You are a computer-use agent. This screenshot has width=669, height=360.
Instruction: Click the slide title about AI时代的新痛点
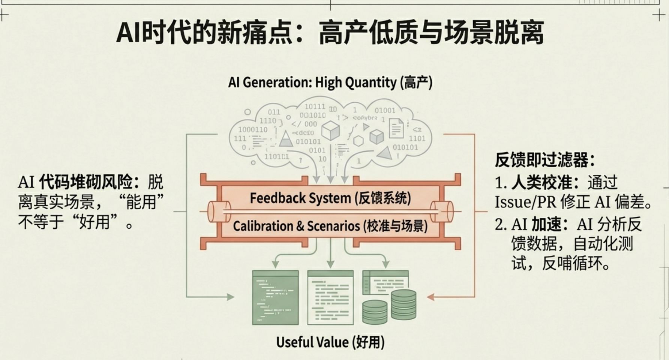330,33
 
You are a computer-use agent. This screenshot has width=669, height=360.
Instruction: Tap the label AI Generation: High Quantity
330,82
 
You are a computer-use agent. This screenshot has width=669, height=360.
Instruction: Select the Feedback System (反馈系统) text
330,198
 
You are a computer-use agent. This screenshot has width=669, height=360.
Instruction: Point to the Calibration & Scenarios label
330,226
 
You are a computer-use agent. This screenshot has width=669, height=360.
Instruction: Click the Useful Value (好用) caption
330,342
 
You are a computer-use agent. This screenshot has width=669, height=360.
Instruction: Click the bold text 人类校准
541,183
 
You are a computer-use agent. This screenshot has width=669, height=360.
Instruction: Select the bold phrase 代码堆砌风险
85,183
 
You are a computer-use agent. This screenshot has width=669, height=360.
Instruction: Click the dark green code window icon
276,297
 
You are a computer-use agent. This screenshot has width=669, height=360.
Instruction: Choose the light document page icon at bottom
330,297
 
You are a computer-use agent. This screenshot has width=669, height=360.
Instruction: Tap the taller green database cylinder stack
403,304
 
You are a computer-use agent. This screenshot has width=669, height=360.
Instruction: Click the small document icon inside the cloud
396,128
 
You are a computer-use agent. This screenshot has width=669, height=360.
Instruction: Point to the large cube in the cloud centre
330,130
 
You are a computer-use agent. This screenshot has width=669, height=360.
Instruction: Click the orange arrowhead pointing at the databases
430,297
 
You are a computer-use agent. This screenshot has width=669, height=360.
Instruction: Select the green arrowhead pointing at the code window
230,297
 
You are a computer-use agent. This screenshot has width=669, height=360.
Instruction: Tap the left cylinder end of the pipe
219,211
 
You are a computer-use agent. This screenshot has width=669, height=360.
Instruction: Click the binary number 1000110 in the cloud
253,130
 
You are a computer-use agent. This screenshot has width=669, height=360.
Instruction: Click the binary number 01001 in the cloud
385,110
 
